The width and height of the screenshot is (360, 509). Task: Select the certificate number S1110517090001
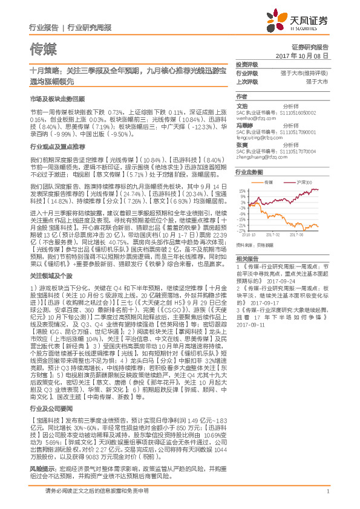coord(298,132)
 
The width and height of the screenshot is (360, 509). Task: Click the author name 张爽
coord(241,144)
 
